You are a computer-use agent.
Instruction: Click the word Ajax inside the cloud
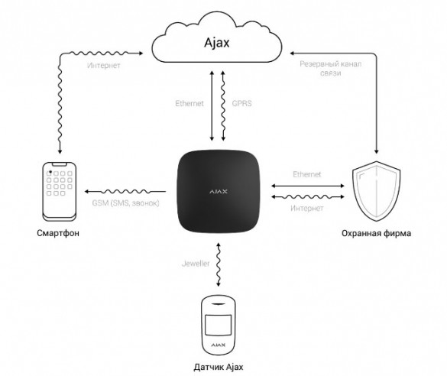pyautogui.click(x=217, y=43)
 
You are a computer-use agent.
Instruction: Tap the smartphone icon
pyautogui.click(x=60, y=192)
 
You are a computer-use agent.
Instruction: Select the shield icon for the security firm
pyautogui.click(x=376, y=191)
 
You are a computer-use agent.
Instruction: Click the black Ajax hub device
pyautogui.click(x=219, y=192)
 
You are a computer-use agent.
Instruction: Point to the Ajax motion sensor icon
pyautogui.click(x=219, y=325)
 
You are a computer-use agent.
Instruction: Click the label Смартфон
pyautogui.click(x=58, y=233)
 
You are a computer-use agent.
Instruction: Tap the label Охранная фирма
pyautogui.click(x=376, y=233)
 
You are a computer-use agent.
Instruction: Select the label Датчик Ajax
pyautogui.click(x=219, y=367)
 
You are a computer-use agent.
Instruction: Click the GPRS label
pyautogui.click(x=241, y=103)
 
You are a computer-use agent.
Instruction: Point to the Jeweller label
pyautogui.click(x=196, y=264)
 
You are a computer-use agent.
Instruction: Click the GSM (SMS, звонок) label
pyautogui.click(x=125, y=203)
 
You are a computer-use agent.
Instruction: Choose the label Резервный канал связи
pyautogui.click(x=331, y=69)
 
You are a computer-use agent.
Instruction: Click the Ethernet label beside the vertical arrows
pyautogui.click(x=189, y=103)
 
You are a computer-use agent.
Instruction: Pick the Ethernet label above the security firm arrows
pyautogui.click(x=307, y=174)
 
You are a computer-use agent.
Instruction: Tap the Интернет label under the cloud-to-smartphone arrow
pyautogui.click(x=103, y=65)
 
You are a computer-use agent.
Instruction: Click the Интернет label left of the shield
pyautogui.click(x=307, y=208)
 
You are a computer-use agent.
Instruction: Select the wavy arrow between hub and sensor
pyautogui.click(x=219, y=264)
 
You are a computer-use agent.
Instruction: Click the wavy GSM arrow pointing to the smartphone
pyautogui.click(x=125, y=192)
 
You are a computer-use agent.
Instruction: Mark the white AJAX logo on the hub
pyautogui.click(x=219, y=192)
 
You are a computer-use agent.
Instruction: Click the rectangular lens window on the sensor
pyautogui.click(x=219, y=325)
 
